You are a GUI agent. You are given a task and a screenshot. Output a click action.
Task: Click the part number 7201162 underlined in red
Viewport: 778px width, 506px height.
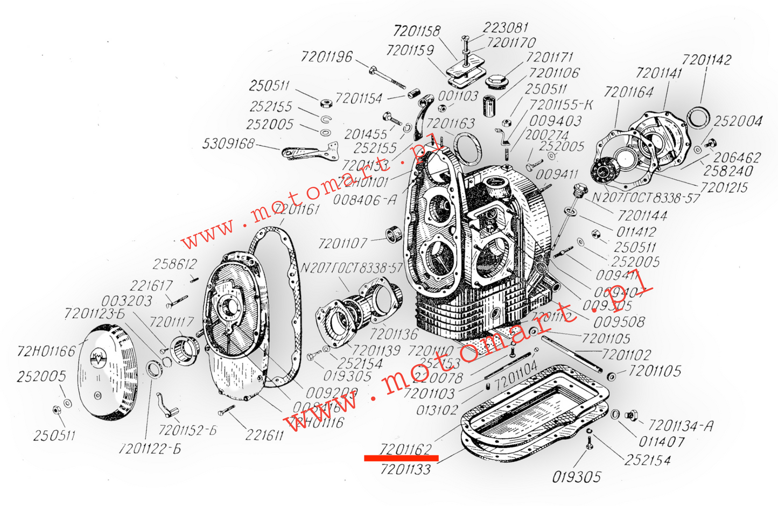pos(405,448)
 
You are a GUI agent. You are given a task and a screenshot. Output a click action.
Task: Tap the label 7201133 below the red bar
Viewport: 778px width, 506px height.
pos(405,469)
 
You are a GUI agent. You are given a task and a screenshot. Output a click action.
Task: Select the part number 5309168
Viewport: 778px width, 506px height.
pos(228,144)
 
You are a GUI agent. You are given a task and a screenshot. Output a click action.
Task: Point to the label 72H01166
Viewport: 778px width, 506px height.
pos(46,352)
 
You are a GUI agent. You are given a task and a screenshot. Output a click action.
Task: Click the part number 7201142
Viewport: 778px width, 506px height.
pos(706,59)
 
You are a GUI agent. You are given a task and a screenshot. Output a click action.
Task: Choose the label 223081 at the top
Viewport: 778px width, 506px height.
pos(506,27)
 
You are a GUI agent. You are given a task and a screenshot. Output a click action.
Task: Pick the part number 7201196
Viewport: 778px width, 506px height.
pos(327,57)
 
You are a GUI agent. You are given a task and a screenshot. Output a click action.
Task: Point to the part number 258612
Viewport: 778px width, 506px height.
pos(175,264)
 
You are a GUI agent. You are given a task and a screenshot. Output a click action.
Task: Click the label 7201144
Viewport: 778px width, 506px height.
pos(642,216)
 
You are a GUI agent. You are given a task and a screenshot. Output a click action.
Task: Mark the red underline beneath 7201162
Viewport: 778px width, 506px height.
pos(401,459)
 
